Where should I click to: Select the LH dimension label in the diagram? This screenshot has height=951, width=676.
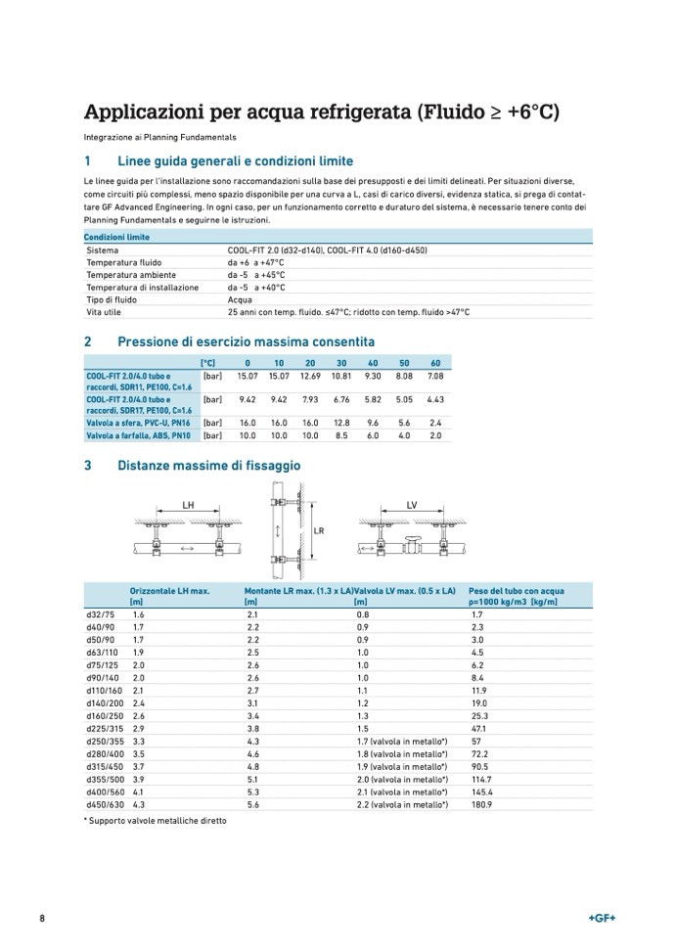(189, 505)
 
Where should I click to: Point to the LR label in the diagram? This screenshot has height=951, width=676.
(319, 531)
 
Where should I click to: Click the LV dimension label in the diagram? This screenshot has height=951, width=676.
(412, 506)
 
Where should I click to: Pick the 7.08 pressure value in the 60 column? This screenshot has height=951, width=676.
(436, 376)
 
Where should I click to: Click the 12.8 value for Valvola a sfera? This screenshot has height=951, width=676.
(341, 423)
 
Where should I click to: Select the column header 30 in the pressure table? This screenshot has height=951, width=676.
(341, 363)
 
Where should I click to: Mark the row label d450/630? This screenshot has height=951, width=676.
(102, 804)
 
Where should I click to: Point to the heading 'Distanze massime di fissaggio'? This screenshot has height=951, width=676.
(208, 466)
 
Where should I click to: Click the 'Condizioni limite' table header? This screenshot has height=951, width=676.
(116, 238)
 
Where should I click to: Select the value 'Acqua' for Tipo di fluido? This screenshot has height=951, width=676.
(240, 299)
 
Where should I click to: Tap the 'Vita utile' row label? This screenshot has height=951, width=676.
(104, 312)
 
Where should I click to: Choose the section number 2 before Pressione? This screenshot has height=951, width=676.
(88, 341)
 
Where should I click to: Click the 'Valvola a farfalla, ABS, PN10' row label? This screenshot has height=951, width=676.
(137, 435)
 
